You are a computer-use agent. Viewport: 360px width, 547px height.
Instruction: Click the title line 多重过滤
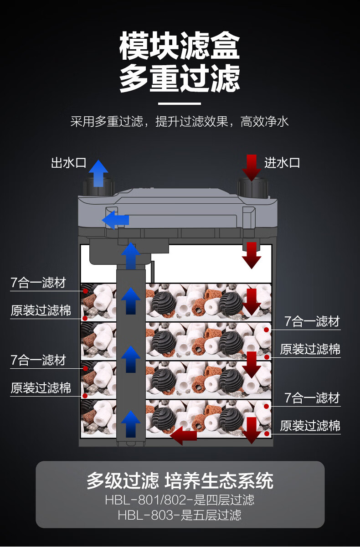coord(180,78)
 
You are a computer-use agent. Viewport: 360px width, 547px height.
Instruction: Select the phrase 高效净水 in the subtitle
coord(265,122)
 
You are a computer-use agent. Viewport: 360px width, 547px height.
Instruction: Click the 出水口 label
coord(68,163)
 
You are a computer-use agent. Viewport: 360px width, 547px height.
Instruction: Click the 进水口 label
coord(282,163)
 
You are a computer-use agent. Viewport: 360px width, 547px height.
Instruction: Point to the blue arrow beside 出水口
coord(98,173)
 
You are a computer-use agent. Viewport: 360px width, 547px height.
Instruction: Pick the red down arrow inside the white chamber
coord(251,255)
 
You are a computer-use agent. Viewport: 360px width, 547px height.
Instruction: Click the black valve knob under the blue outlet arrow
coord(98,187)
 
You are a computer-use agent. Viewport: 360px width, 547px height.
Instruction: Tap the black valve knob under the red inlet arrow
coord(251,187)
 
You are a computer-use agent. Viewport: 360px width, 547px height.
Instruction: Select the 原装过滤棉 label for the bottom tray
coord(310,426)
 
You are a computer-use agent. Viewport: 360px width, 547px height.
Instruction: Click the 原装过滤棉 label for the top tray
coord(41,310)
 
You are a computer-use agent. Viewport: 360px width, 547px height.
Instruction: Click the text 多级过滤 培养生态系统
coord(180,481)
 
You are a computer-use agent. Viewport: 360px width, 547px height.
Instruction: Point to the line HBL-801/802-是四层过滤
coord(180,500)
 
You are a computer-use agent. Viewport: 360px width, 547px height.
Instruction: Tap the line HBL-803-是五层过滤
coord(180,516)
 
